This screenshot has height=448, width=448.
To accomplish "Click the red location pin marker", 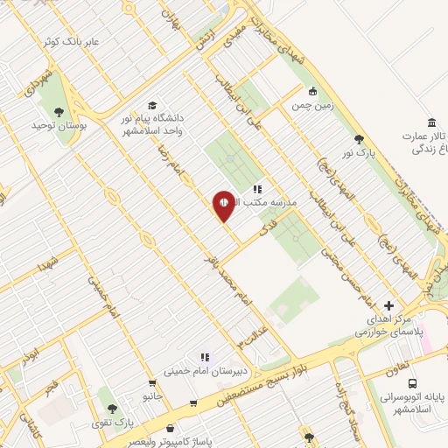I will tap(224, 206).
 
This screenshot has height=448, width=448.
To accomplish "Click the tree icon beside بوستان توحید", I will tap(59, 111).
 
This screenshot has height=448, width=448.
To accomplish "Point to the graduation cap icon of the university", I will tap(152, 106).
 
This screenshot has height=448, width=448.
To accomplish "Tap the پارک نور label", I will tap(359, 153).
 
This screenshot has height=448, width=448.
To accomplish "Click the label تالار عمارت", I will tap(427, 136).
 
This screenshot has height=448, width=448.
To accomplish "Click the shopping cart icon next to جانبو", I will tap(152, 382).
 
